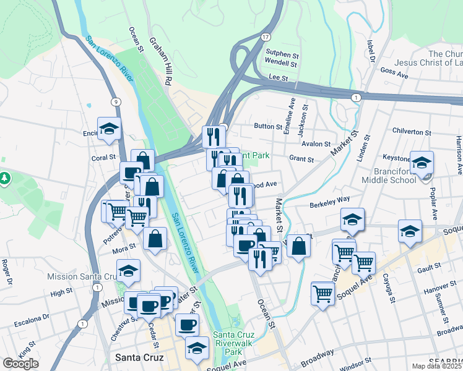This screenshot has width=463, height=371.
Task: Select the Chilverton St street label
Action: [x=412, y=132]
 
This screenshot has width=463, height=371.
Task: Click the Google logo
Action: [x=20, y=363]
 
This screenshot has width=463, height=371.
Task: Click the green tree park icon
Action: [x=6, y=178]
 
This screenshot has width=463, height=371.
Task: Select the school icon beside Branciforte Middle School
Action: [x=422, y=163]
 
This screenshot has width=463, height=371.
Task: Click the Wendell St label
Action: [x=281, y=62]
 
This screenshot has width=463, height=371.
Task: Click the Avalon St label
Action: [x=317, y=144]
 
